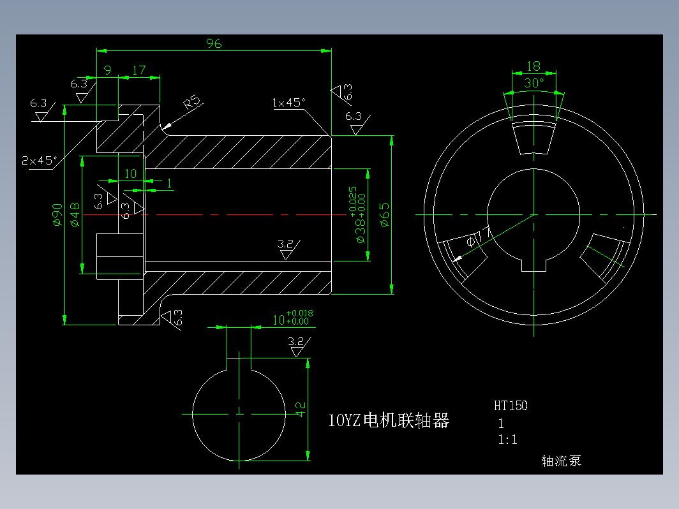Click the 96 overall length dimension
(x=214, y=43)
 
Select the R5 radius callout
(x=191, y=103)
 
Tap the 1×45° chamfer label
(x=288, y=103)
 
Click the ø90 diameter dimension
(x=57, y=215)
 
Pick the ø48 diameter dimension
(x=75, y=215)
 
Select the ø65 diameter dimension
(x=384, y=215)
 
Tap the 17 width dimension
(x=138, y=70)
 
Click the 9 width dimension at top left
(x=107, y=70)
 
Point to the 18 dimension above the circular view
(x=533, y=66)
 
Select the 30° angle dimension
(x=534, y=83)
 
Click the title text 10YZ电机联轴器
(x=389, y=420)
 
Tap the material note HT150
(x=511, y=405)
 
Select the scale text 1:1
(x=507, y=439)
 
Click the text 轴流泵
(x=562, y=461)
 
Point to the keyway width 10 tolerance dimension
(x=292, y=317)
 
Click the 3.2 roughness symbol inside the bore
(x=286, y=244)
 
